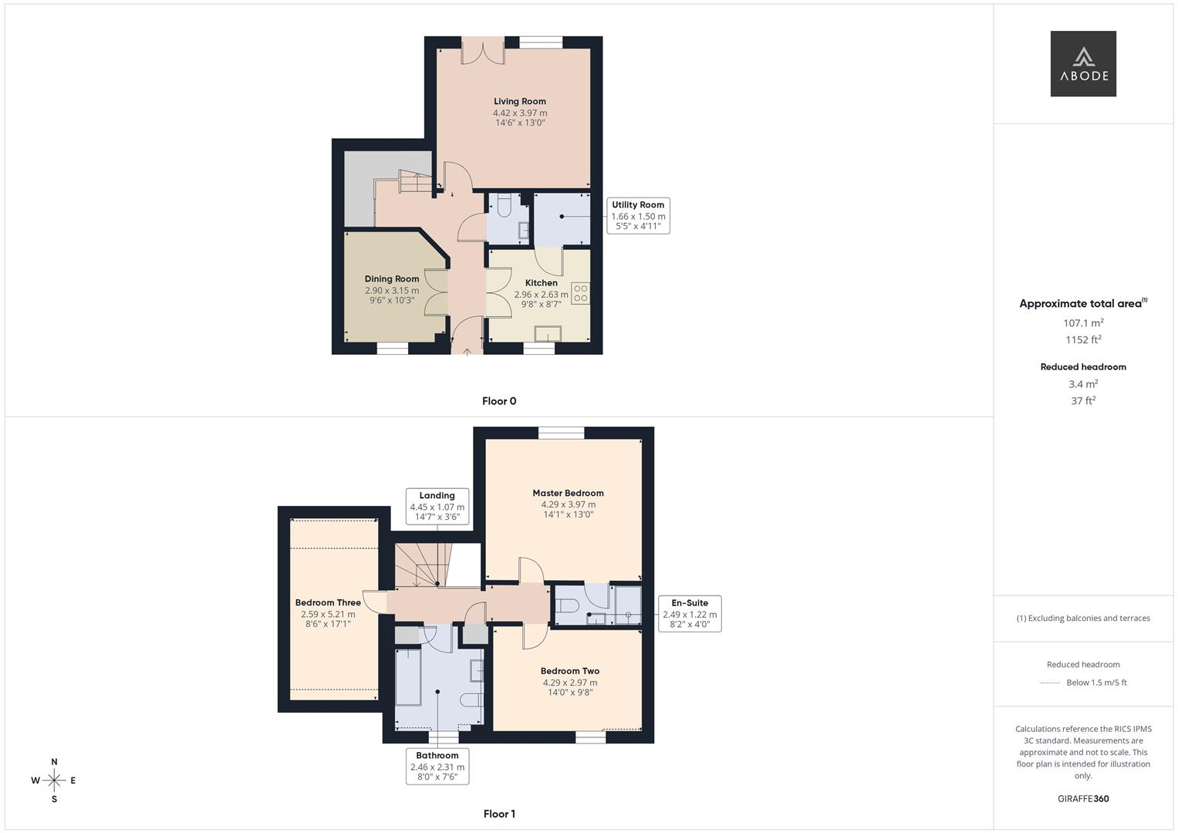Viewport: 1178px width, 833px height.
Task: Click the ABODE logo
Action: pyautogui.click(x=1082, y=64)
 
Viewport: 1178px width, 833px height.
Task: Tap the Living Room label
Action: pyautogui.click(x=520, y=101)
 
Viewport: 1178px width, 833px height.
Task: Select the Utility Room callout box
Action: pyautogui.click(x=638, y=216)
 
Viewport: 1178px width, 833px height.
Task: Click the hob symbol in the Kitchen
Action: pyautogui.click(x=580, y=293)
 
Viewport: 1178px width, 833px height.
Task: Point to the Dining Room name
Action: pyautogui.click(x=392, y=279)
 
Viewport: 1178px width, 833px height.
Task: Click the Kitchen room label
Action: pyautogui.click(x=541, y=283)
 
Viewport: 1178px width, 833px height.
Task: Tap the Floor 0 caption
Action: pyautogui.click(x=499, y=401)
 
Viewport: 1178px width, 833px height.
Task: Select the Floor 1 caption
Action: pyautogui.click(x=499, y=814)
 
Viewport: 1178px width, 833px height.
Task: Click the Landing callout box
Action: pyautogui.click(x=437, y=506)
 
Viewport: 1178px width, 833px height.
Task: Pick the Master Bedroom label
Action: pyautogui.click(x=568, y=493)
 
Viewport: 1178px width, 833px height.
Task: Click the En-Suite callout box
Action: pyautogui.click(x=690, y=613)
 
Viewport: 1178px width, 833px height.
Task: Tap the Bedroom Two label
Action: pyautogui.click(x=569, y=671)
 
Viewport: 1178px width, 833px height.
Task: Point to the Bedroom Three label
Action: pyautogui.click(x=328, y=603)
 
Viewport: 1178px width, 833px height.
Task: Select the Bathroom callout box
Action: pyautogui.click(x=437, y=766)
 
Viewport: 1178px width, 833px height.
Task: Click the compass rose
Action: pyautogui.click(x=54, y=781)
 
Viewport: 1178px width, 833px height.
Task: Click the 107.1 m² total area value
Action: pyautogui.click(x=1083, y=323)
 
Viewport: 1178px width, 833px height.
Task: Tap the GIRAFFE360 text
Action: pyautogui.click(x=1083, y=798)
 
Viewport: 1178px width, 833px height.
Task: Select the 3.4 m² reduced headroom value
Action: pyautogui.click(x=1083, y=384)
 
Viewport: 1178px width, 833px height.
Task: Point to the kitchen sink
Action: pyautogui.click(x=548, y=333)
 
